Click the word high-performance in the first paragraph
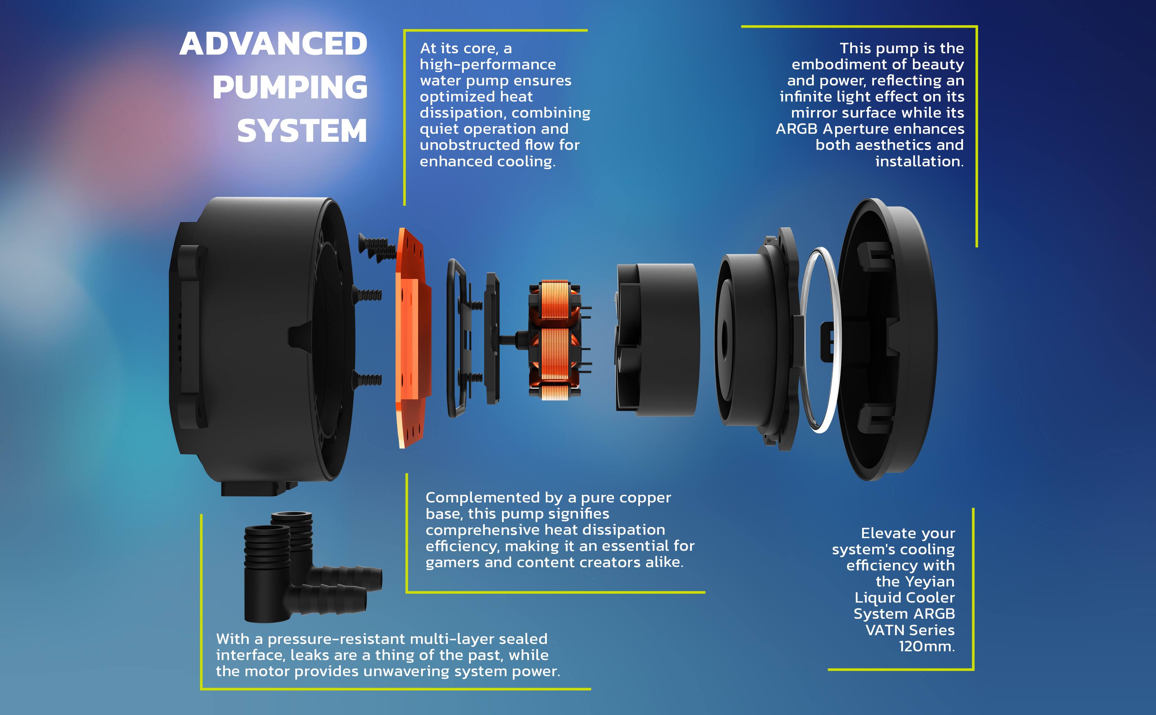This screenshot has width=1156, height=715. [488, 64]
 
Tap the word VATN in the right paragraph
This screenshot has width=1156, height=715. [883, 630]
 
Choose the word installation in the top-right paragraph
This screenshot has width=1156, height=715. [919, 161]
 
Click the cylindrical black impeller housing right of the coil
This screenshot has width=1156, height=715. [658, 340]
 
